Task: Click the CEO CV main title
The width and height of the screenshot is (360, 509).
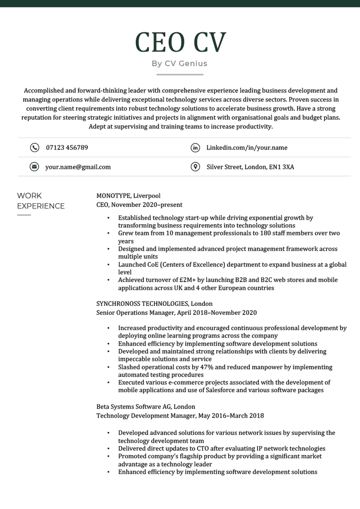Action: [x=180, y=42]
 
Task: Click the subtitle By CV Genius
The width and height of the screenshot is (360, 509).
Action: [x=179, y=63]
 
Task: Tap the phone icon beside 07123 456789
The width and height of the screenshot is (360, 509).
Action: [x=34, y=148]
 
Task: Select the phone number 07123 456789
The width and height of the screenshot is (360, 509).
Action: [x=67, y=148]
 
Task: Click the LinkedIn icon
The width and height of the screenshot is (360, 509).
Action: [x=195, y=148]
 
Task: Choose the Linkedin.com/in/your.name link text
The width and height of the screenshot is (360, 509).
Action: [x=247, y=148]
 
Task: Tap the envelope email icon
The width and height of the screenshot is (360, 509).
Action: [x=34, y=167]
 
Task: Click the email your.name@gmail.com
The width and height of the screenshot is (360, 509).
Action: [x=78, y=167]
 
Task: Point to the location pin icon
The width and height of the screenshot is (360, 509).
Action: [x=195, y=167]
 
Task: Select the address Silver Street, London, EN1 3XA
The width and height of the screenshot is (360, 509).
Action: [x=250, y=167]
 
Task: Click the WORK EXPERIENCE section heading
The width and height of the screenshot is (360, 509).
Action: [x=41, y=201]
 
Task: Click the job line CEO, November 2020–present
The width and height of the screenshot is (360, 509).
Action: [x=139, y=205]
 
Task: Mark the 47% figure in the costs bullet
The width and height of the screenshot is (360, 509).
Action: [x=204, y=367]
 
